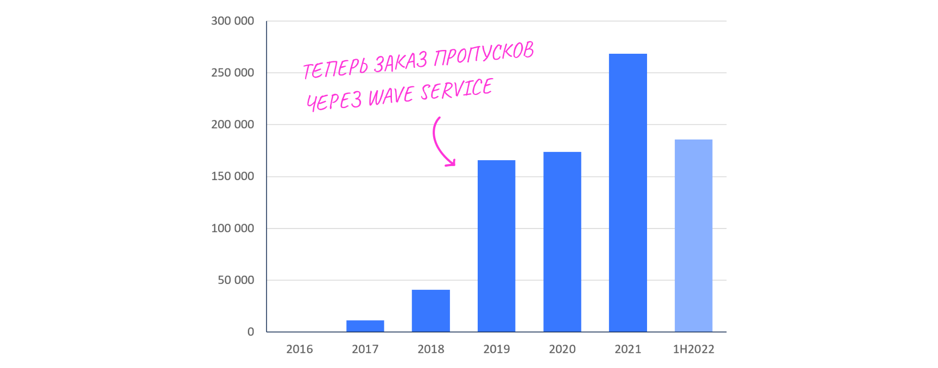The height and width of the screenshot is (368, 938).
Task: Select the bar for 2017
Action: pyautogui.click(x=365, y=326)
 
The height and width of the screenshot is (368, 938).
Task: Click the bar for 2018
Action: pyautogui.click(x=430, y=311)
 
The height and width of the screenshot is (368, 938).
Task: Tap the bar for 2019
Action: pyautogui.click(x=496, y=246)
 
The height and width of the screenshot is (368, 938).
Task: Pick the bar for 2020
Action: pyautogui.click(x=562, y=242)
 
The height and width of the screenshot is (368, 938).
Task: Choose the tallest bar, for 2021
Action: pyautogui.click(x=628, y=193)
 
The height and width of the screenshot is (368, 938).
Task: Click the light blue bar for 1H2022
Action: pyautogui.click(x=693, y=236)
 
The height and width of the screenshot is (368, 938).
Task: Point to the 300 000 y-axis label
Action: pyautogui.click(x=232, y=21)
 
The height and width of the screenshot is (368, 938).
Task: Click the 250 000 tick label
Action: pyautogui.click(x=232, y=73)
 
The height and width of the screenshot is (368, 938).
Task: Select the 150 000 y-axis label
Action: pyautogui.click(x=232, y=176)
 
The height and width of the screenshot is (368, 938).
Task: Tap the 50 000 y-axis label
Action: pyautogui.click(x=236, y=280)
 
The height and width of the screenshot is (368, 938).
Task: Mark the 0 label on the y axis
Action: pyautogui.click(x=251, y=332)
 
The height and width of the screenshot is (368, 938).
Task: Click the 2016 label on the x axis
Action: pyautogui.click(x=300, y=350)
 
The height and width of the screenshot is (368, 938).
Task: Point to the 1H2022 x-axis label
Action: pyautogui.click(x=693, y=350)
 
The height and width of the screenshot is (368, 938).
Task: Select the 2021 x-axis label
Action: pyautogui.click(x=628, y=350)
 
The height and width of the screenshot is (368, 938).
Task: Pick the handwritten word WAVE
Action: pyautogui.click(x=391, y=97)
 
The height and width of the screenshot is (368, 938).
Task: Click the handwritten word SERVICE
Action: pyautogui.click(x=457, y=90)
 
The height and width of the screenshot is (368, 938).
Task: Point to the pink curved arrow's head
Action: pyautogui.click(x=451, y=162)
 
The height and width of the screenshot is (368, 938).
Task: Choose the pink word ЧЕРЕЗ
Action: pyautogui.click(x=333, y=101)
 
